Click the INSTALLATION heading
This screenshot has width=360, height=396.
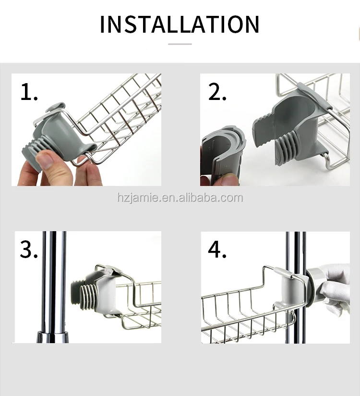tap(180, 24)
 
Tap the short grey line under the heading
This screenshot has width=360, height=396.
tap(180, 44)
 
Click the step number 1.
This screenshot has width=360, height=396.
tap(29, 92)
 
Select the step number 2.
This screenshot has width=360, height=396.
tap(217, 92)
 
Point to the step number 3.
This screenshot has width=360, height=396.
tap(29, 249)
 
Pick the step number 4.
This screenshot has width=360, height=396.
tap(217, 249)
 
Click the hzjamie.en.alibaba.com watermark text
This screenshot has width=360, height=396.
tap(180, 198)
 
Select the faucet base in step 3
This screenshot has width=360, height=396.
tap(52, 337)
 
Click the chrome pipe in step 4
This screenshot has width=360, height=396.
tap(296, 288)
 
